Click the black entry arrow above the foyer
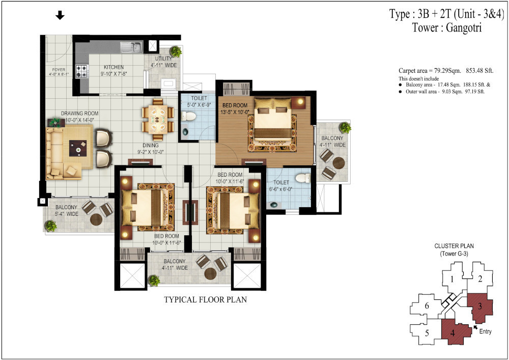click(60, 16)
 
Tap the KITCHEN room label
click(114, 67)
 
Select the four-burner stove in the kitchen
click(82, 71)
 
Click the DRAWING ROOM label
click(80, 114)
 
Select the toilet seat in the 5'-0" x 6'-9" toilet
click(188, 116)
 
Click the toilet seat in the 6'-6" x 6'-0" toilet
click(302, 179)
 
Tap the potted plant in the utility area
click(176, 51)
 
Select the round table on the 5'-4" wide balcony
click(96, 219)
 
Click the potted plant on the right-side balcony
click(346, 127)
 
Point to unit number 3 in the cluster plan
click(480, 306)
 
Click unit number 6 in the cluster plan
click(427, 306)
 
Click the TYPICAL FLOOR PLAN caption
click(205, 300)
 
